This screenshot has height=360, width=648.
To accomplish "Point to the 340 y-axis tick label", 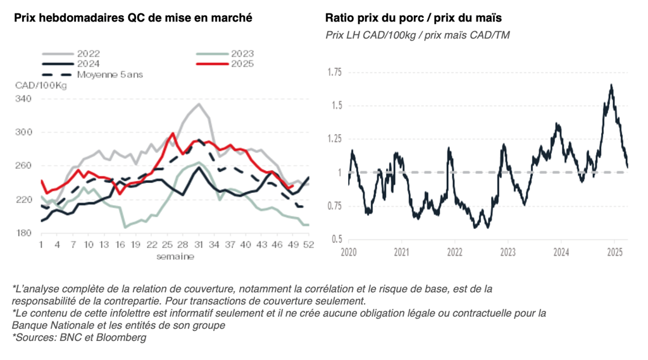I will pyautogui.click(x=23, y=99).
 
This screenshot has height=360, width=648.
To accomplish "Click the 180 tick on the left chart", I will pyautogui.click(x=23, y=233).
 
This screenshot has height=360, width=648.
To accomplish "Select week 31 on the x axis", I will pyautogui.click(x=199, y=245).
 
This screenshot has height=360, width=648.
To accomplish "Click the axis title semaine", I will pyautogui.click(x=175, y=256).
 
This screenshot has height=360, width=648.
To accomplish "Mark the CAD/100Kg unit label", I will pyautogui.click(x=40, y=85).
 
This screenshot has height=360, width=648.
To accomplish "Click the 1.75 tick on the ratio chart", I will pyautogui.click(x=333, y=73).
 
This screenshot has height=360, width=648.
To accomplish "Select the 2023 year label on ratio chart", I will pyautogui.click(x=508, y=252).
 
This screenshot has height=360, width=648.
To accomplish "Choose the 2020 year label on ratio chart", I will pyautogui.click(x=349, y=252).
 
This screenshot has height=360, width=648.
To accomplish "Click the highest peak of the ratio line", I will pyautogui.click(x=611, y=85).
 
